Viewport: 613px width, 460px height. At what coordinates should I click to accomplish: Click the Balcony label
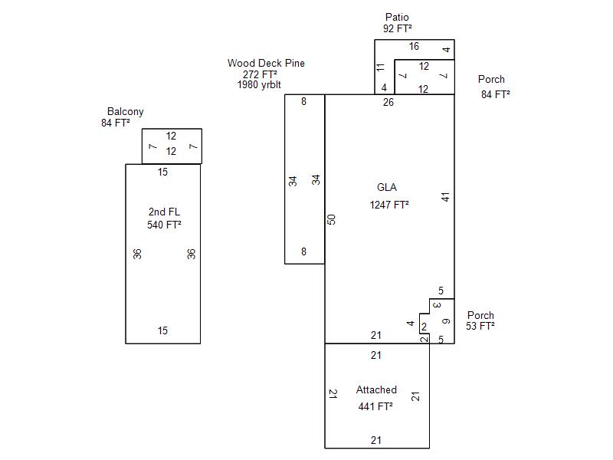[125, 112]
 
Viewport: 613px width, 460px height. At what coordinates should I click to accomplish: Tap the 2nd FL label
[163, 212]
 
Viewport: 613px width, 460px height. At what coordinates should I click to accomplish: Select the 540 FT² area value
[163, 225]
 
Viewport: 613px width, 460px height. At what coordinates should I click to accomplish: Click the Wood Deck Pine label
[265, 64]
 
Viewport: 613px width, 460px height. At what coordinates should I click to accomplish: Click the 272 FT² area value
[260, 74]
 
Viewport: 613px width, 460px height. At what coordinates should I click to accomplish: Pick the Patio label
[397, 18]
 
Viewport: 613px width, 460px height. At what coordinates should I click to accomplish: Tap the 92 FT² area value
[398, 29]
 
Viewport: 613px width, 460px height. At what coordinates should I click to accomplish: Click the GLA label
[387, 188]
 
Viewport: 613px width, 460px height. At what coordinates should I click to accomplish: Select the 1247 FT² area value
[389, 205]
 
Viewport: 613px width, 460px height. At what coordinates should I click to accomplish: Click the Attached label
[376, 390]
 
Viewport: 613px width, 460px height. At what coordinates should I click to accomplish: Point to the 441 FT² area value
[375, 407]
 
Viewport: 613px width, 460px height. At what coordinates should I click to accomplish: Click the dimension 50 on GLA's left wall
[332, 219]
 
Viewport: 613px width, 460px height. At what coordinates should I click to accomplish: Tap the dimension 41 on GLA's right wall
[445, 197]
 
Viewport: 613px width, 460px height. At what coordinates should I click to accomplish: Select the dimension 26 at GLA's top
[388, 102]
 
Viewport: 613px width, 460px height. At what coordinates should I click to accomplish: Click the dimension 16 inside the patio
[414, 47]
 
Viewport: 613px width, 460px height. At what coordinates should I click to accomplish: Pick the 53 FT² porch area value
[480, 327]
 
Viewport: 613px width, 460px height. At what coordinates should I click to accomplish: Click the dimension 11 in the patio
[381, 67]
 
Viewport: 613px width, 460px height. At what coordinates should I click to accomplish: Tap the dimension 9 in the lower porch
[445, 320]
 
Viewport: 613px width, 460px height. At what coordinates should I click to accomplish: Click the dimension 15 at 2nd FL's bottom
[162, 331]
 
